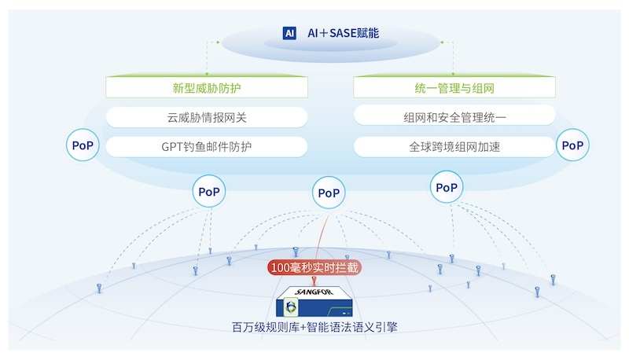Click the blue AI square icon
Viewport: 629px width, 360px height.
pyautogui.click(x=289, y=33)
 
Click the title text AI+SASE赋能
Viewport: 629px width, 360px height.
pyautogui.click(x=343, y=33)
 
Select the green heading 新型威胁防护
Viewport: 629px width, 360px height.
pyautogui.click(x=207, y=88)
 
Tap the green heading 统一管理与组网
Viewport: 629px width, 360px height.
pyautogui.click(x=454, y=88)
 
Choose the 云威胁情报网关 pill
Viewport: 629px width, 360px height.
pyautogui.click(x=207, y=117)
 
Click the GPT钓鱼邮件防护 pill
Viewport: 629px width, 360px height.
pyautogui.click(x=207, y=147)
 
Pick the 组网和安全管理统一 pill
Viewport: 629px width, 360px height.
pyautogui.click(x=454, y=117)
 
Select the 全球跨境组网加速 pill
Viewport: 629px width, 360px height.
pyautogui.click(x=454, y=147)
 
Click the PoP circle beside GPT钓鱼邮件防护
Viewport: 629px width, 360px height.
pyautogui.click(x=83, y=145)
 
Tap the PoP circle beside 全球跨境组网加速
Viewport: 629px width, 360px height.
pyautogui.click(x=572, y=145)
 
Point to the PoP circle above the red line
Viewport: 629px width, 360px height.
pyautogui.click(x=329, y=193)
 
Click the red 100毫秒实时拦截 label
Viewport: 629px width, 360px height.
pyautogui.click(x=314, y=267)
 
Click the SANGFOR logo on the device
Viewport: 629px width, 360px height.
pyautogui.click(x=314, y=292)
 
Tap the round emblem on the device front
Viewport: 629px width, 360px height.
pyautogui.click(x=290, y=307)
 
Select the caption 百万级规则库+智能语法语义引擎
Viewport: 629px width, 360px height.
pyautogui.click(x=314, y=327)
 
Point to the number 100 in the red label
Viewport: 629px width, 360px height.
pyautogui.click(x=280, y=267)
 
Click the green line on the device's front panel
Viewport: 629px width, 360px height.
pyautogui.click(x=339, y=310)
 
